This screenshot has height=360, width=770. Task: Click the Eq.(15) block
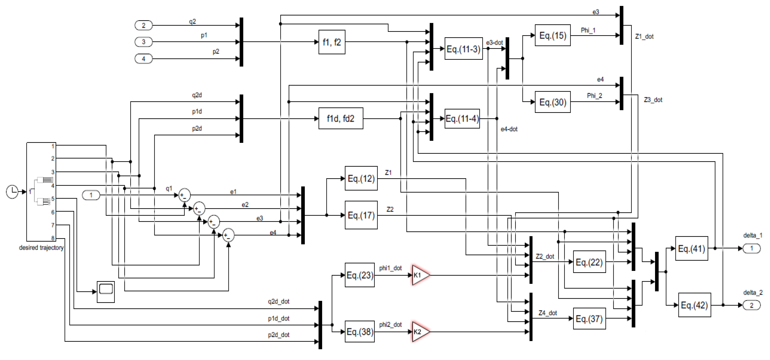tap(552, 35)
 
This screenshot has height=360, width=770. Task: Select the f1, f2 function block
tap(332, 42)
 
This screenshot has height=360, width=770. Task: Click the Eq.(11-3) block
tap(463, 49)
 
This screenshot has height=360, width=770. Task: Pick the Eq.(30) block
tap(552, 102)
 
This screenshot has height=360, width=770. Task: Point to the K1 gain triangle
tap(420, 275)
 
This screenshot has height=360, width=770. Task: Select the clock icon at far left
tap(12, 192)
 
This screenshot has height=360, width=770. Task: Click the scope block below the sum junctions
tap(106, 291)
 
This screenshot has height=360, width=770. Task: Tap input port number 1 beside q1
tap(91, 195)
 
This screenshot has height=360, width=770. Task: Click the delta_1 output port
tap(751, 248)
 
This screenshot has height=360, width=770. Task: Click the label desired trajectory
tap(41, 247)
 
